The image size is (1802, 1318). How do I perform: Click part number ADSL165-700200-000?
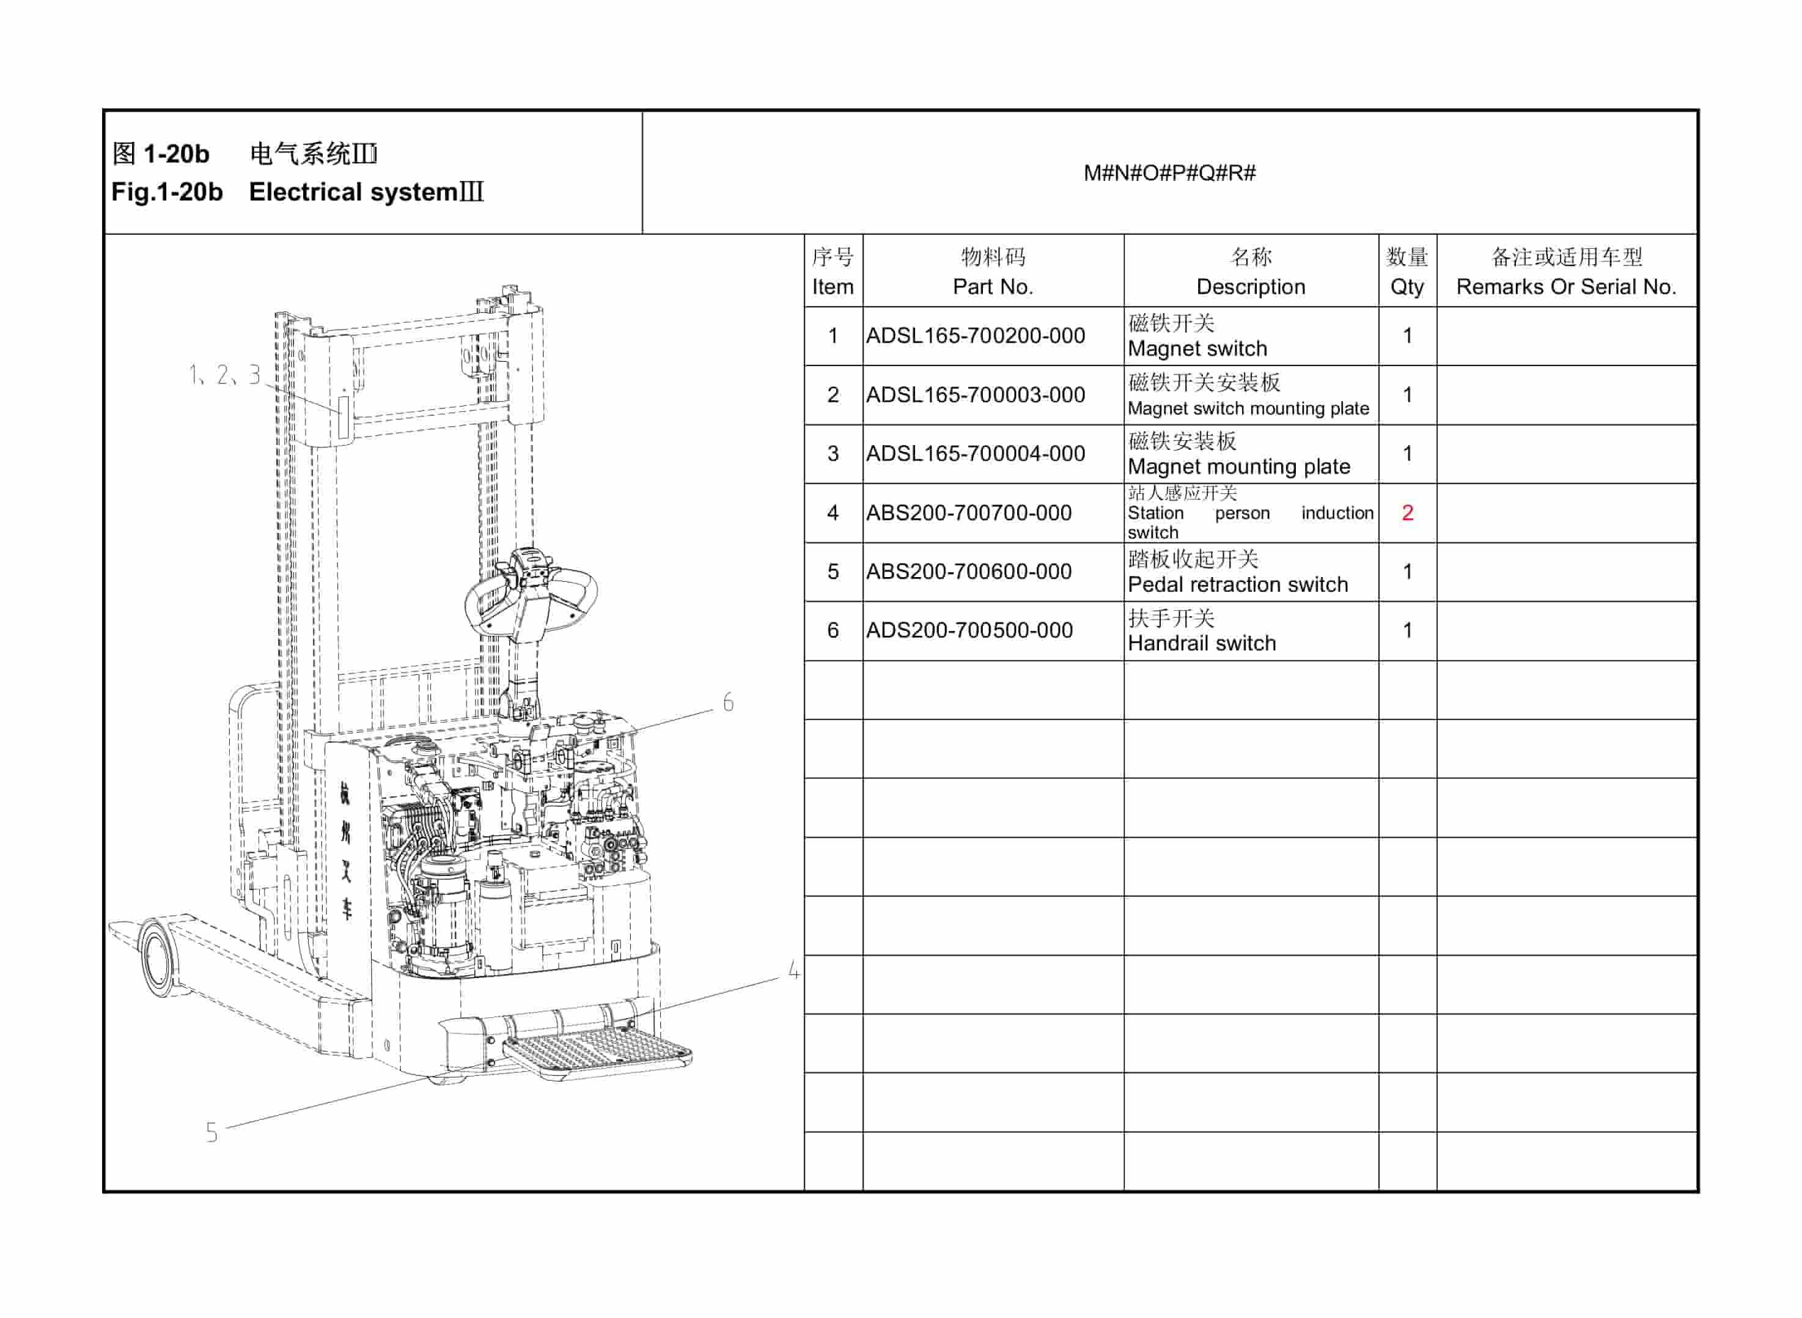pos(975,336)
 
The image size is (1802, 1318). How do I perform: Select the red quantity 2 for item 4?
pos(1407,513)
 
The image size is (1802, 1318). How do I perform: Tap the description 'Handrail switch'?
pos(1201,643)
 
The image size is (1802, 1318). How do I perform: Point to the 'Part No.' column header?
pos(992,287)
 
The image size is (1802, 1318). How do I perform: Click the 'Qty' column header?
pos(1407,287)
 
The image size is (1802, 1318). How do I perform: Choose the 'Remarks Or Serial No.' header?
pos(1566,287)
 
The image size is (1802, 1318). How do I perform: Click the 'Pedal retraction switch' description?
pos(1237,585)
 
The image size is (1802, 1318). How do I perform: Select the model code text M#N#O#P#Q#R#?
pos(1169,173)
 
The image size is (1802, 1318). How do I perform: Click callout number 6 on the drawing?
pos(727,702)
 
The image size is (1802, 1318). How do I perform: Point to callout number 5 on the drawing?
pos(211,1133)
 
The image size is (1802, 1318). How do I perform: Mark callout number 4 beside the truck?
pos(793,970)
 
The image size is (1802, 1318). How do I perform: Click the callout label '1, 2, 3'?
pos(224,374)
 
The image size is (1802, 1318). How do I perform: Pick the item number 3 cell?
pos(833,454)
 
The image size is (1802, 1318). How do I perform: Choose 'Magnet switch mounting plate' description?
pos(1248,408)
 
